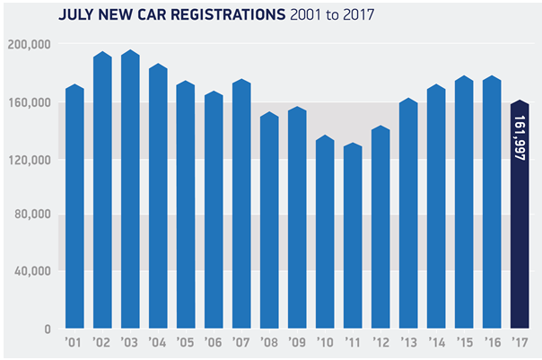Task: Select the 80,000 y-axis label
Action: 34,215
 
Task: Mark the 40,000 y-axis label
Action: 34,271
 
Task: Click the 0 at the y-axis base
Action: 49,329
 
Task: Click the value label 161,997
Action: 520,136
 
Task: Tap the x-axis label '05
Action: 186,342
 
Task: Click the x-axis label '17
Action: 520,342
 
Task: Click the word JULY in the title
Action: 74,15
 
